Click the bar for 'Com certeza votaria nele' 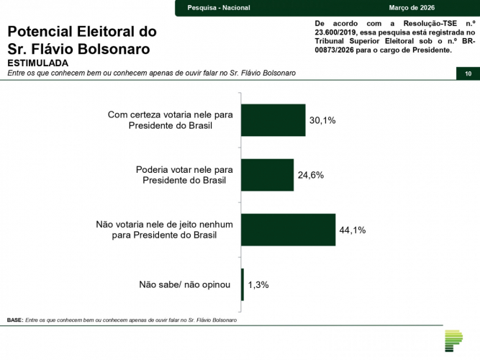coord(273,120)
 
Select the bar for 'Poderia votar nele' coord(268,175)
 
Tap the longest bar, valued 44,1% coord(289,230)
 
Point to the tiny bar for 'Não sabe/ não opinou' coord(243,284)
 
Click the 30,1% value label coord(322,120)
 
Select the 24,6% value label coord(310,175)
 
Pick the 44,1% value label coord(353,230)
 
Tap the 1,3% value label coord(258,284)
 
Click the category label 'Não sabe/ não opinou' coord(184,284)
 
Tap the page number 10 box coord(468,74)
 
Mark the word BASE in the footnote coord(14,320)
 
